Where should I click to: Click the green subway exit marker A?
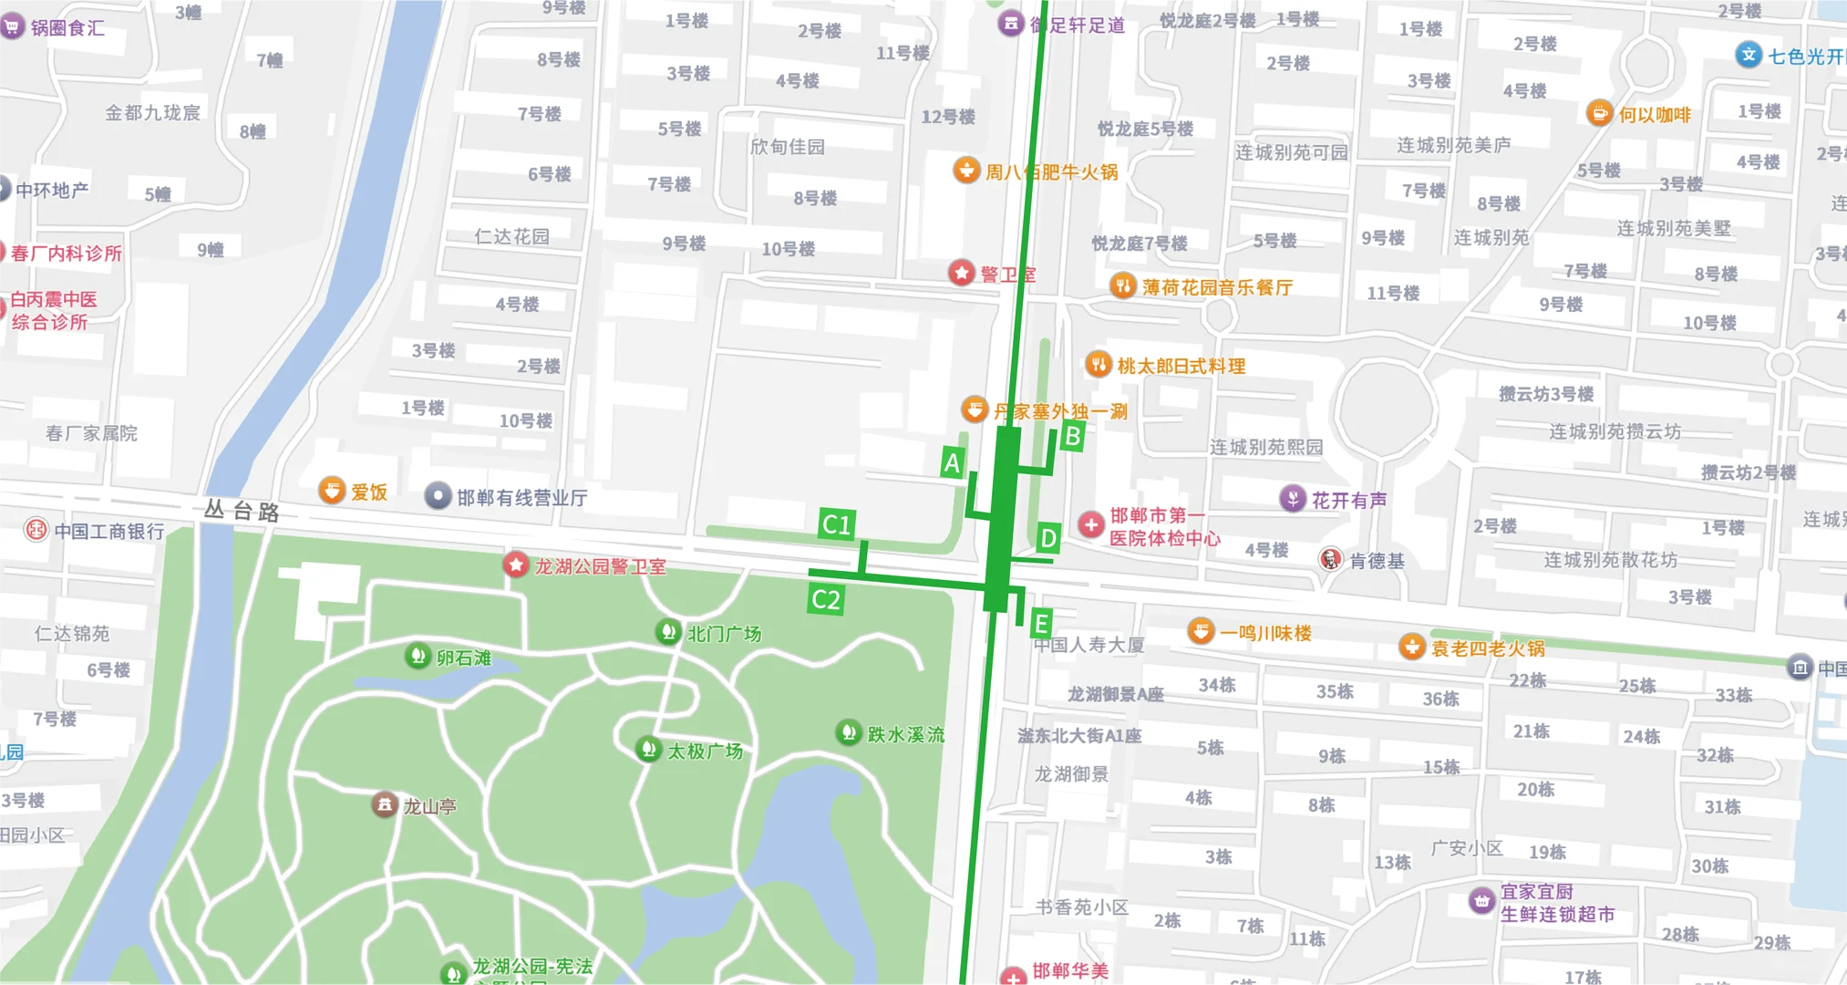952,463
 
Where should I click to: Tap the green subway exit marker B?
1072,436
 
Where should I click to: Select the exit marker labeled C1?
835,524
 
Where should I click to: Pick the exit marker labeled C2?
825,599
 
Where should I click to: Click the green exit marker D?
1048,538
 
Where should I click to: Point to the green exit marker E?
1040,624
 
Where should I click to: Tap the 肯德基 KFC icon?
1330,559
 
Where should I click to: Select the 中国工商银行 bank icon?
36,530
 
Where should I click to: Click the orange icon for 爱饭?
331,491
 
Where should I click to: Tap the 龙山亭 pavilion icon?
385,804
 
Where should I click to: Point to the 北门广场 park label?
724,633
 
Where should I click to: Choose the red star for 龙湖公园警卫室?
516,565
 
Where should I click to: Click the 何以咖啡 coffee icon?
1599,113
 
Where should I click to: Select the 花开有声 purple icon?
1292,498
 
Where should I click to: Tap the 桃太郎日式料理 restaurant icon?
1099,365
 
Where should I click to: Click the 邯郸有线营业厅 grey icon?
439,495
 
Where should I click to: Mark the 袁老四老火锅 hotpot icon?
1411,647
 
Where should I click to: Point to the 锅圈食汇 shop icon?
12,26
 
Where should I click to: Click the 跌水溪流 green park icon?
849,731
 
